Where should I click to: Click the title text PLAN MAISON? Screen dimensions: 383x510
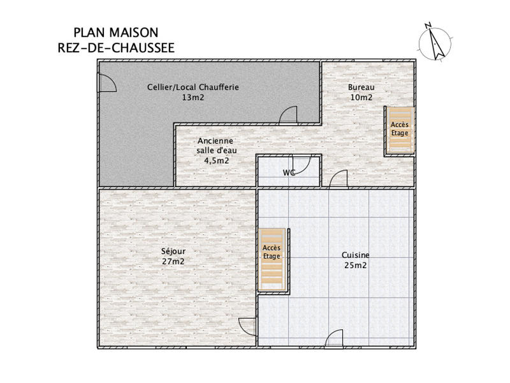[116, 32]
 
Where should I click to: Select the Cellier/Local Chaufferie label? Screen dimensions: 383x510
[193, 87]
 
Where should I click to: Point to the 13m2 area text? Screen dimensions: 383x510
[193, 98]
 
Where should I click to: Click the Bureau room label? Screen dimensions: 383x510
[361, 87]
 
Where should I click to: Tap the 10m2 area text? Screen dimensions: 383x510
[361, 98]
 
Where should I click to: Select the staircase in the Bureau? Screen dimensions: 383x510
[400, 130]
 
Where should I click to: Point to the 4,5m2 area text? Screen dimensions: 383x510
[216, 161]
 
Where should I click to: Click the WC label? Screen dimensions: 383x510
[289, 172]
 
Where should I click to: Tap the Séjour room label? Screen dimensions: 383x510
[174, 251]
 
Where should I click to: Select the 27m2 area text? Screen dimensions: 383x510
[174, 261]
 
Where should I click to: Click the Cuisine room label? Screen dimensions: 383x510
[355, 255]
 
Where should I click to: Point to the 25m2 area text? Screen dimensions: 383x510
[355, 265]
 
